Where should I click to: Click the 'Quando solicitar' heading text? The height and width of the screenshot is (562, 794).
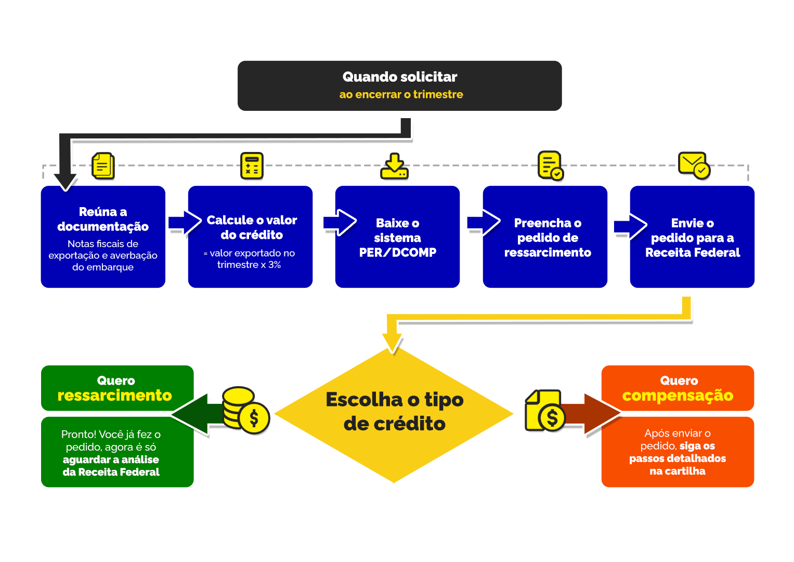pyautogui.click(x=399, y=77)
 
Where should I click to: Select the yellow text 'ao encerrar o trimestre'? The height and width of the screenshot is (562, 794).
pyautogui.click(x=401, y=95)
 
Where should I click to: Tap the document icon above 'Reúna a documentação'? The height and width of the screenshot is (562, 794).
pyautogui.click(x=103, y=166)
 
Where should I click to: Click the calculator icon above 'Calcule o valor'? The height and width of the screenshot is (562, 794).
pyautogui.click(x=252, y=166)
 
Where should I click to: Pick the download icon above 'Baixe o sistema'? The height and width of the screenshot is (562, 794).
pyautogui.click(x=395, y=167)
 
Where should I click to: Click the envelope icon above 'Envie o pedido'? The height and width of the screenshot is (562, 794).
pyautogui.click(x=694, y=165)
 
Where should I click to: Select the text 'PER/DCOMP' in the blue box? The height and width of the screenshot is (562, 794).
pyautogui.click(x=397, y=252)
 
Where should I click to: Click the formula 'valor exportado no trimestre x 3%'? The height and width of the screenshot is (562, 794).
pyautogui.click(x=249, y=259)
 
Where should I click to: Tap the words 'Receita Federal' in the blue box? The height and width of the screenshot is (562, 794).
pyautogui.click(x=692, y=253)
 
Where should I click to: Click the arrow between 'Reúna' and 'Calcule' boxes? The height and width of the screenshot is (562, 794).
pyautogui.click(x=184, y=223)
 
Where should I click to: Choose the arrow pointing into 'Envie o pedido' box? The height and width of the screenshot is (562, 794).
pyautogui.click(x=630, y=226)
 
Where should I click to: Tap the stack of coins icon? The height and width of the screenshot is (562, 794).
pyautogui.click(x=245, y=411)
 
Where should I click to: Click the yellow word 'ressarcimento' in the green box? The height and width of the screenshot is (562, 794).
pyautogui.click(x=114, y=395)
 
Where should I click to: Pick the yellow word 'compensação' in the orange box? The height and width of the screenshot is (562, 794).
pyautogui.click(x=677, y=395)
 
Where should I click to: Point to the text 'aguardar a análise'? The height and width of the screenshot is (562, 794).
pyautogui.click(x=111, y=459)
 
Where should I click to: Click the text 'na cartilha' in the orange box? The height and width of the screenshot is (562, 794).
pyautogui.click(x=677, y=471)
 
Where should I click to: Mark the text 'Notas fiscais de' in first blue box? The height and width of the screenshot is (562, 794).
pyautogui.click(x=103, y=244)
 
